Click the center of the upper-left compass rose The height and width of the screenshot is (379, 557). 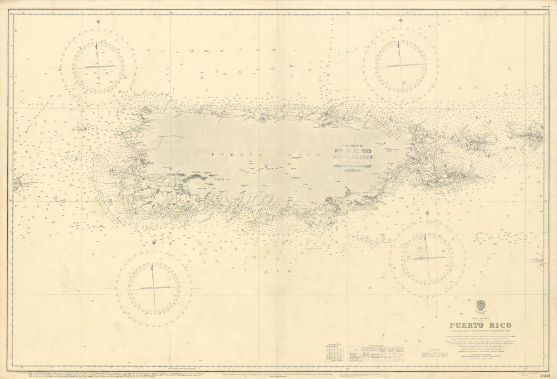98,66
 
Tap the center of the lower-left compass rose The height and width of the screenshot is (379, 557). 154,288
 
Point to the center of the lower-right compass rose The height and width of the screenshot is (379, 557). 427,259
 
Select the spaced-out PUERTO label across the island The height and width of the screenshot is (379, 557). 229,154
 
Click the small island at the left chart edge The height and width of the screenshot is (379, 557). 18,182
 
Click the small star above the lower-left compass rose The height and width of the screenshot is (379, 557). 154,243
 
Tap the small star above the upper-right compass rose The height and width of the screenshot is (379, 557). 401,21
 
